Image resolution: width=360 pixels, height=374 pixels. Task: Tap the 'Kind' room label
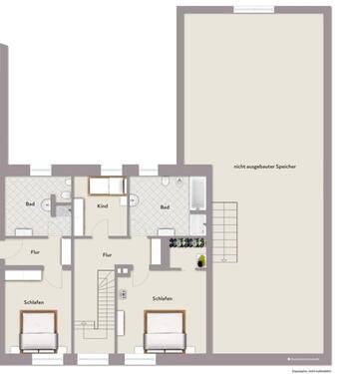coord(102,205)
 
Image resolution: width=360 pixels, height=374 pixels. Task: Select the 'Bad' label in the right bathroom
coord(165,207)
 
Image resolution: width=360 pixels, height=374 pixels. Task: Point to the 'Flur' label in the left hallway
coord(35,252)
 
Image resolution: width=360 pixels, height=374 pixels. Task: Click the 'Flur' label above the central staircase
coord(107,254)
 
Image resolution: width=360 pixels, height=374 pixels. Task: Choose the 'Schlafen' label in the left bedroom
coord(34,300)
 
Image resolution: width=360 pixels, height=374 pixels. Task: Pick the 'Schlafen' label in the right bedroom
coord(163,298)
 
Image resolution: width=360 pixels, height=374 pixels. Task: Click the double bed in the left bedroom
coord(38,332)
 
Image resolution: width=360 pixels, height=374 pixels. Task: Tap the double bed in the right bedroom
coord(166,332)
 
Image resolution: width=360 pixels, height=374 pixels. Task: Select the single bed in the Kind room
coord(106,187)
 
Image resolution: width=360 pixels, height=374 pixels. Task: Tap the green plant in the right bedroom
coord(200,261)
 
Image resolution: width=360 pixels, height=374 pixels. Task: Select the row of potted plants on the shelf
coord(186,242)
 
